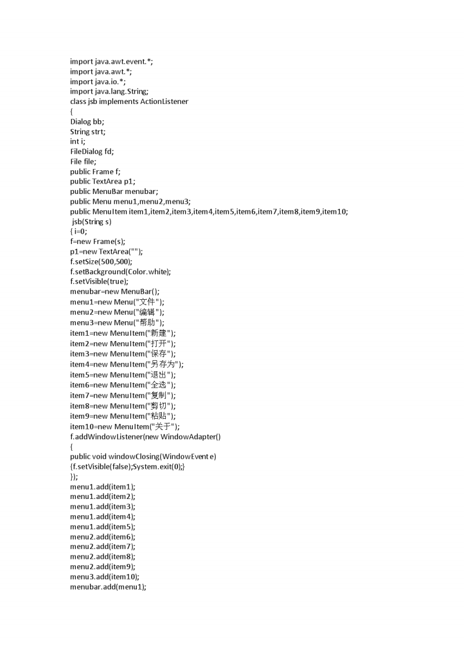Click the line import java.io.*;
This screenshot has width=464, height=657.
(98, 81)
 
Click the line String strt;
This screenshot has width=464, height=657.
(88, 132)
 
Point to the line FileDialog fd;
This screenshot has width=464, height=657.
(92, 152)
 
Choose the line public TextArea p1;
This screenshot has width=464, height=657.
(103, 182)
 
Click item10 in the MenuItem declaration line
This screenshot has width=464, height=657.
(335, 212)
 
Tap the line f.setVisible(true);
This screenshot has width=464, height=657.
(99, 282)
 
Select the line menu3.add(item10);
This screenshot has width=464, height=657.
(105, 577)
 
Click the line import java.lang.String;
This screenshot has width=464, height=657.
(110, 91)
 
